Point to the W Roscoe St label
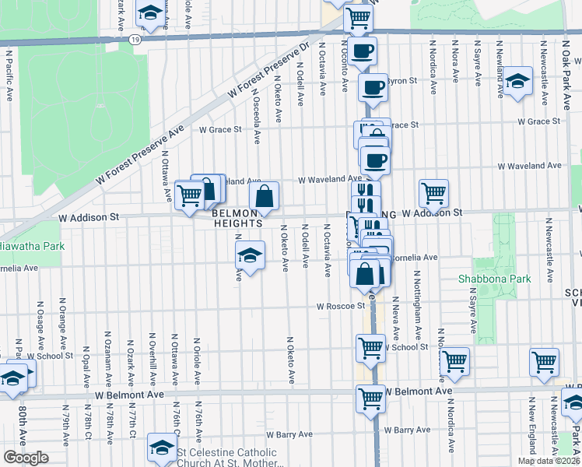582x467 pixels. click(340, 306)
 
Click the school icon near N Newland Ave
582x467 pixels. click(517, 81)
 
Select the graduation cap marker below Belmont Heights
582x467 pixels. click(249, 255)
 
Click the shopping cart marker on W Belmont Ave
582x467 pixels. click(371, 398)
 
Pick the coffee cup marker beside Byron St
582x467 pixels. click(373, 86)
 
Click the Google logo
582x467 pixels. click(25, 458)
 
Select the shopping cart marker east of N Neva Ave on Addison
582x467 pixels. click(433, 192)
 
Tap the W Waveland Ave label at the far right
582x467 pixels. click(529, 166)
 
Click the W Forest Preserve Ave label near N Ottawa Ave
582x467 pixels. click(141, 156)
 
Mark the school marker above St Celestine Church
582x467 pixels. click(162, 447)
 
